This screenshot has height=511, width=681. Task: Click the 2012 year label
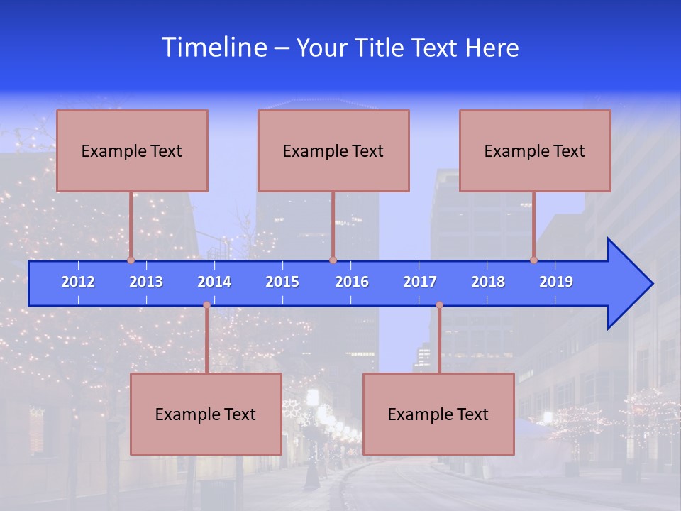78,282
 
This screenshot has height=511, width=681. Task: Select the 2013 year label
146,282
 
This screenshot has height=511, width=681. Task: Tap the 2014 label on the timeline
214,282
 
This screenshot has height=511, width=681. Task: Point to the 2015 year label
282,282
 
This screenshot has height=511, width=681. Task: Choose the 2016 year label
352,282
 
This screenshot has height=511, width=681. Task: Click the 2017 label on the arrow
420,282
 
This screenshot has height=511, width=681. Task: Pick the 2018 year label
488,282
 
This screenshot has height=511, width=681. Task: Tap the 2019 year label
556,282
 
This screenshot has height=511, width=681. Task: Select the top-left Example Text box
132,151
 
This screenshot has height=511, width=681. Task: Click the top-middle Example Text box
333,151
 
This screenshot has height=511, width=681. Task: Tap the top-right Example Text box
535,151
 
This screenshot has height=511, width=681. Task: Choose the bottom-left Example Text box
206,414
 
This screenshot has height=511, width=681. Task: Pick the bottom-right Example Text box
438,414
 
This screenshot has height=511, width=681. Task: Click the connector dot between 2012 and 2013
131,260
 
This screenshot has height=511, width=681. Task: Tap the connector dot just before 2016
333,260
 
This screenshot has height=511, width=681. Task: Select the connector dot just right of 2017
439,305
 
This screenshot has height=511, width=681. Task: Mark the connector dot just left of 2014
206,305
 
